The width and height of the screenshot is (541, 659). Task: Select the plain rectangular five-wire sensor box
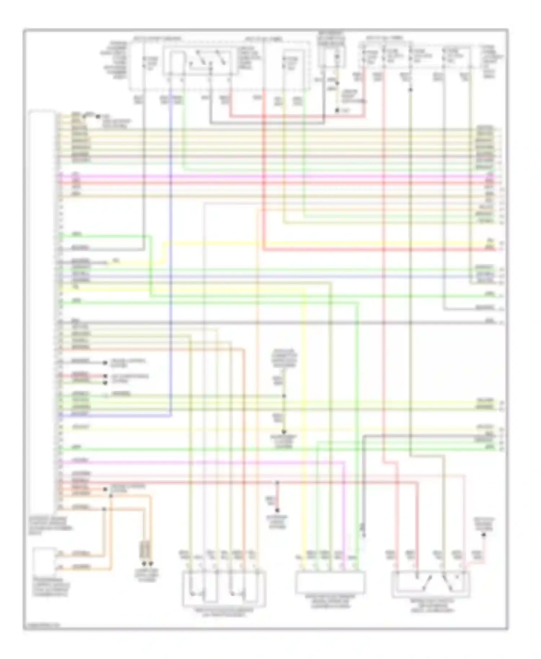pos(330,582)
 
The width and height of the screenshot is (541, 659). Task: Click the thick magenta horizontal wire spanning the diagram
pos(274,177)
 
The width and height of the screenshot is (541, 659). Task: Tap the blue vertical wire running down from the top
pos(171,252)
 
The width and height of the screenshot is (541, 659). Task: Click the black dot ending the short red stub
pos(277,510)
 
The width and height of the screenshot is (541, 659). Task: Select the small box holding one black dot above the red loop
pos(331,58)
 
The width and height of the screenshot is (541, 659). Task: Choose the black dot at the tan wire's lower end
pos(337,110)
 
